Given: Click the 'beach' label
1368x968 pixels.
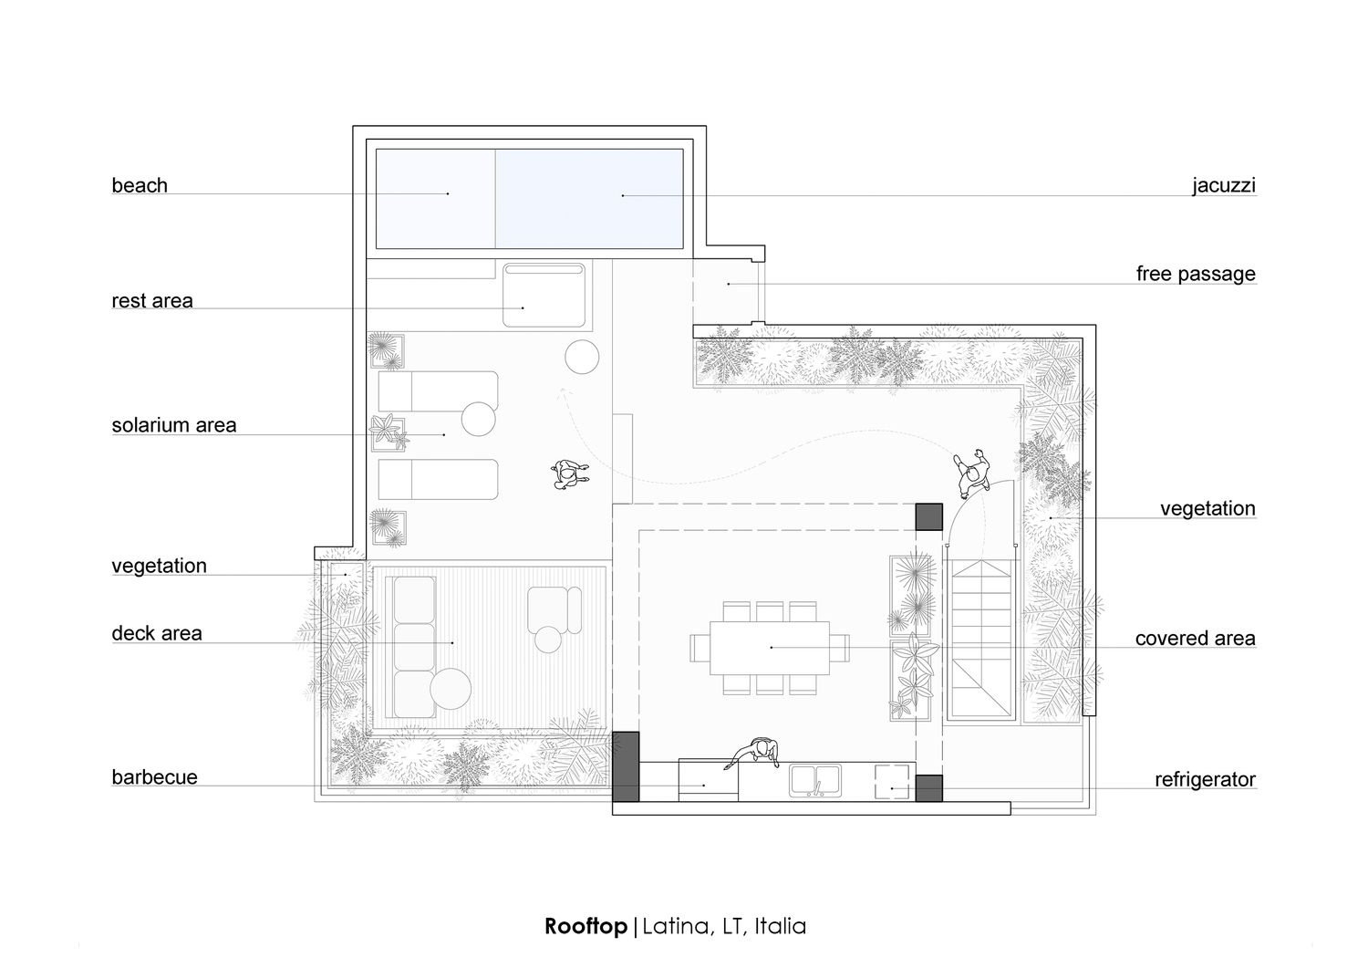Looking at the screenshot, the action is pos(140,185).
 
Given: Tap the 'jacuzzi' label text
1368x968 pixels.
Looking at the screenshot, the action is pos(1224,185).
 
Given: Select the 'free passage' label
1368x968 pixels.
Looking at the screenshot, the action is pos(1196,274).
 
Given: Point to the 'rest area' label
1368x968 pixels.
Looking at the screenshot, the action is pos(152,301).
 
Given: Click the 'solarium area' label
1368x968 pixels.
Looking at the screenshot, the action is pos(174,425).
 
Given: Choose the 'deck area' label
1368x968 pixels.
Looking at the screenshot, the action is pos(157,633).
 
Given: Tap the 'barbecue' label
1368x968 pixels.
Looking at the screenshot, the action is pos(154,777).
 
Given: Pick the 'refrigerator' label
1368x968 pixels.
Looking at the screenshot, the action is pos(1205,780).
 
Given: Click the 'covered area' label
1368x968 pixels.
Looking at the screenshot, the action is pos(1195,638).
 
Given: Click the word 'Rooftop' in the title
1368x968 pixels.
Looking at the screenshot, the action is pos(586,926).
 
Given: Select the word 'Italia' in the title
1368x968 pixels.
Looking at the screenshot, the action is pos(781,926).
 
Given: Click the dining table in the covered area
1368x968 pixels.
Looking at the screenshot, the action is pos(770,648).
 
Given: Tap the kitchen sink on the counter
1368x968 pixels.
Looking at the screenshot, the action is pos(814,781).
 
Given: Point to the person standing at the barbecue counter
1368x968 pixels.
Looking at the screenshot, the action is pos(756,753).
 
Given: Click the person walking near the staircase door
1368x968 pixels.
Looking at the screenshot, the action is pos(972,473).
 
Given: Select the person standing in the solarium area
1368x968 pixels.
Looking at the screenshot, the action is pos(570,474).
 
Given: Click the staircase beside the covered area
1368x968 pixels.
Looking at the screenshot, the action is pos(980,640).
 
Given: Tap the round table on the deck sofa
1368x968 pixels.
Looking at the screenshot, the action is pos(451,689).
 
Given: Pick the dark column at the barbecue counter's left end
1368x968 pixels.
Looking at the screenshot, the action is pos(626,766).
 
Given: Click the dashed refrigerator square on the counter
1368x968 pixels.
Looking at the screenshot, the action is pos(892,782).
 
